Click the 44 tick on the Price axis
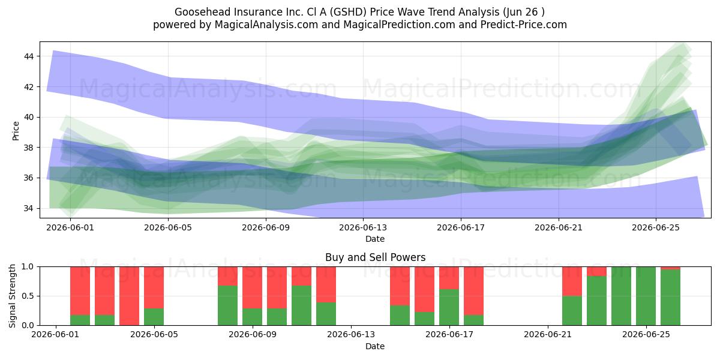(x=29, y=56)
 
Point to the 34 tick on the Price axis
(x=29, y=209)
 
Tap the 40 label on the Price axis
(x=29, y=118)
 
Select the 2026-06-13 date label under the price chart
(x=363, y=227)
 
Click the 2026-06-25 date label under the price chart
(x=656, y=227)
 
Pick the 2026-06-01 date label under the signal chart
(x=55, y=335)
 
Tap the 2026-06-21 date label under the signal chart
(x=548, y=335)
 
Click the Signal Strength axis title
(x=12, y=296)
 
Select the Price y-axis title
(x=16, y=131)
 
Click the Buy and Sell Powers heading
(x=375, y=257)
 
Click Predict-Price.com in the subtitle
(x=524, y=25)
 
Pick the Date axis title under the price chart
(x=375, y=239)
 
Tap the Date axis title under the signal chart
(x=375, y=346)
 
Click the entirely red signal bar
(x=129, y=296)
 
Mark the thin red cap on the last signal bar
(x=671, y=268)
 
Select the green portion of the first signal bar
(x=80, y=320)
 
